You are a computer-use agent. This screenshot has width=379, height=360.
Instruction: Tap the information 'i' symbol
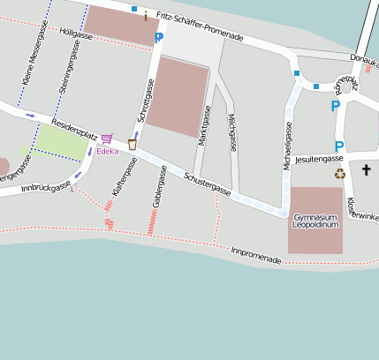[x=146, y=15]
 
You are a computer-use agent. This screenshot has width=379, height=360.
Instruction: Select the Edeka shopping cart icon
[x=107, y=139]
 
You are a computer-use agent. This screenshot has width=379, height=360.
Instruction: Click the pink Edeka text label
[x=107, y=151]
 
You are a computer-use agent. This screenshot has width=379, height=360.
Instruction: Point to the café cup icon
[x=133, y=143]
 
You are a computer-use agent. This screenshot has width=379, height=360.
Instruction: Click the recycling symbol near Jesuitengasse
[x=340, y=173]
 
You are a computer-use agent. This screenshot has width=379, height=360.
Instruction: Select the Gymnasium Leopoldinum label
[x=315, y=221]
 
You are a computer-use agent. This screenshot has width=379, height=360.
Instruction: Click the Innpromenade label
[x=256, y=256]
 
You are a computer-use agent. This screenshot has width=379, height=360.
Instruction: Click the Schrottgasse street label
[x=148, y=100]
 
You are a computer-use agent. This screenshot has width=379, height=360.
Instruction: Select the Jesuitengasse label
[x=320, y=158]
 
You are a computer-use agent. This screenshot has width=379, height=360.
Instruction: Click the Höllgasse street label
[x=76, y=34]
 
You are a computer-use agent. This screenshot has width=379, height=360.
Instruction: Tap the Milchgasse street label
[x=231, y=132]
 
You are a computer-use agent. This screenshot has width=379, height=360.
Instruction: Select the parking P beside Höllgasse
[x=159, y=38]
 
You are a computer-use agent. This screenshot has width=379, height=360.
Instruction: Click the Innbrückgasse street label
[x=45, y=187]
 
